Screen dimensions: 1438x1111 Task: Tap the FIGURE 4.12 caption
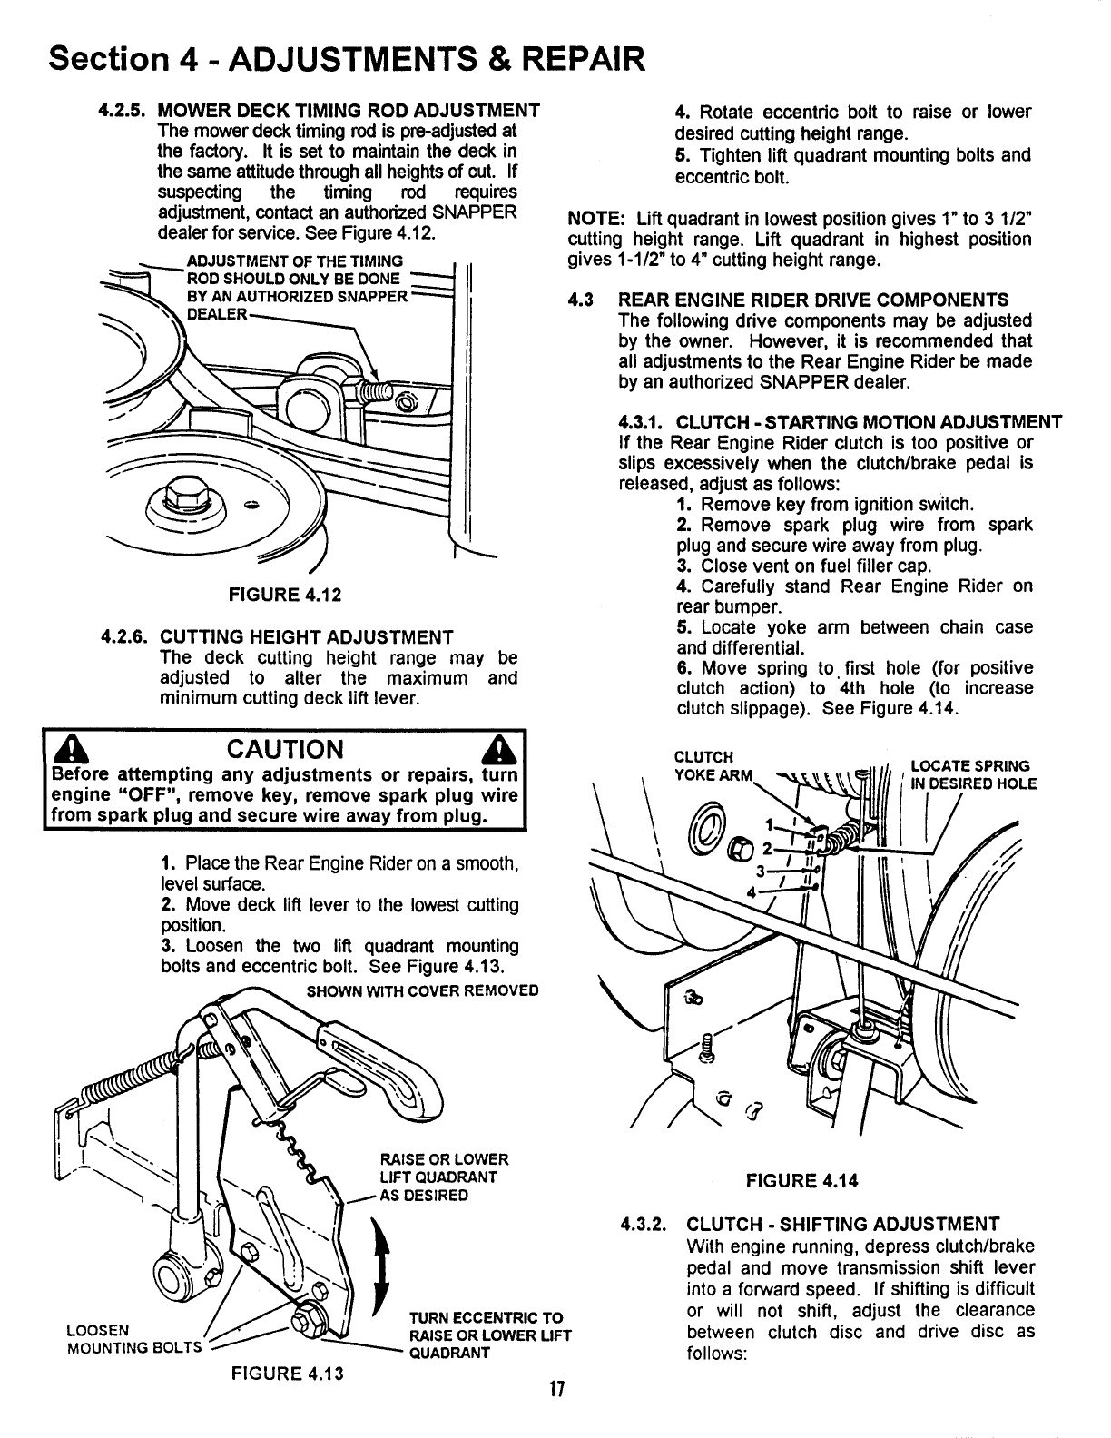pos(272,596)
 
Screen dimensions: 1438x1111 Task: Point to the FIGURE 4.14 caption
pos(801,1181)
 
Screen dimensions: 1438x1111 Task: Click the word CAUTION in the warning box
pos(287,750)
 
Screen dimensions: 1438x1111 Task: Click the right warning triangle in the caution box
pos(500,751)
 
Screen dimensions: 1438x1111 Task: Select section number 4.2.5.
pos(124,111)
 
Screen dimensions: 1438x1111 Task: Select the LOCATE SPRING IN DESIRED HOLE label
pos(972,774)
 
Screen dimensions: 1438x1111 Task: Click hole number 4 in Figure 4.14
pos(750,890)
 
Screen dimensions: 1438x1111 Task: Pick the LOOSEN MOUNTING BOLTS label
pos(127,1338)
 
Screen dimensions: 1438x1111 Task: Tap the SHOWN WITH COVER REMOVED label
pos(422,989)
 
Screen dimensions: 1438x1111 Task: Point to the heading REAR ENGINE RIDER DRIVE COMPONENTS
pos(812,300)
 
